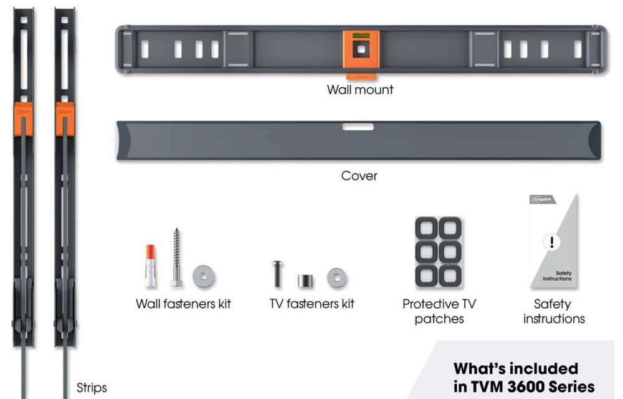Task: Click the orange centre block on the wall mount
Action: [361, 49]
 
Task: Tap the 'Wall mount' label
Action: [360, 90]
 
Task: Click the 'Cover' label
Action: [359, 176]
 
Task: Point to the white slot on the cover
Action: [358, 127]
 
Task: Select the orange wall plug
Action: [150, 266]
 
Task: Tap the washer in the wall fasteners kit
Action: [204, 276]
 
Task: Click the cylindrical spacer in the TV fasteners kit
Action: [305, 281]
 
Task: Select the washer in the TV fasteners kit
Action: [336, 277]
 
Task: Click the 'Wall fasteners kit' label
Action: [183, 304]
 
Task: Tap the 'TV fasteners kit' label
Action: [311, 304]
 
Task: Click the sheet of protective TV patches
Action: [438, 252]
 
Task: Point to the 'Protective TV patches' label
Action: [439, 312]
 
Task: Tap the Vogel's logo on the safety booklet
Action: [539, 199]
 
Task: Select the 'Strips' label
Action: [92, 388]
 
